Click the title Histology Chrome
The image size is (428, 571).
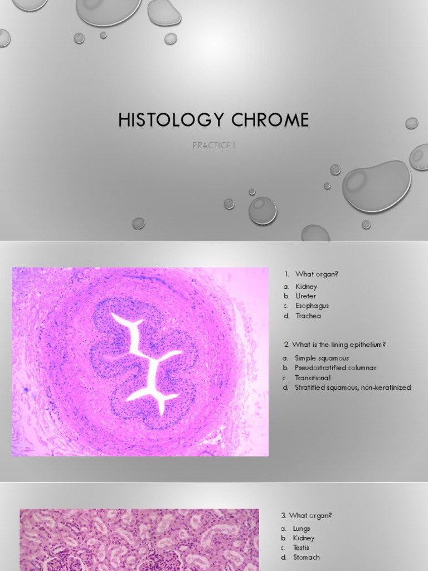tap(213, 120)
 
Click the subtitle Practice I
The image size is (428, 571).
tap(213, 146)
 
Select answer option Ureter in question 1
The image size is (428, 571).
tap(305, 296)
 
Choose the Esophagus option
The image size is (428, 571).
tap(312, 306)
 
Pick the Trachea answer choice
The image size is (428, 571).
tap(308, 316)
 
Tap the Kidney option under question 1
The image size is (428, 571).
tap(306, 287)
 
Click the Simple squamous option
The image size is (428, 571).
tap(322, 358)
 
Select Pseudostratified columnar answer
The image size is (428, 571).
tap(335, 368)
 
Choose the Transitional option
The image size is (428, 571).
tap(312, 378)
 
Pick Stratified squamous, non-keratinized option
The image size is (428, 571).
tap(353, 388)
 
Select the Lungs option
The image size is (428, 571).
tap(301, 529)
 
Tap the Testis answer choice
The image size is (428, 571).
tap(301, 548)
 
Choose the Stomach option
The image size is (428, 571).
tap(306, 557)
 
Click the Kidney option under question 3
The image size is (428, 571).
tap(304, 538)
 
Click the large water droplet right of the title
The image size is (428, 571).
tap(376, 186)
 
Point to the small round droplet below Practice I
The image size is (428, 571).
tap(262, 210)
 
